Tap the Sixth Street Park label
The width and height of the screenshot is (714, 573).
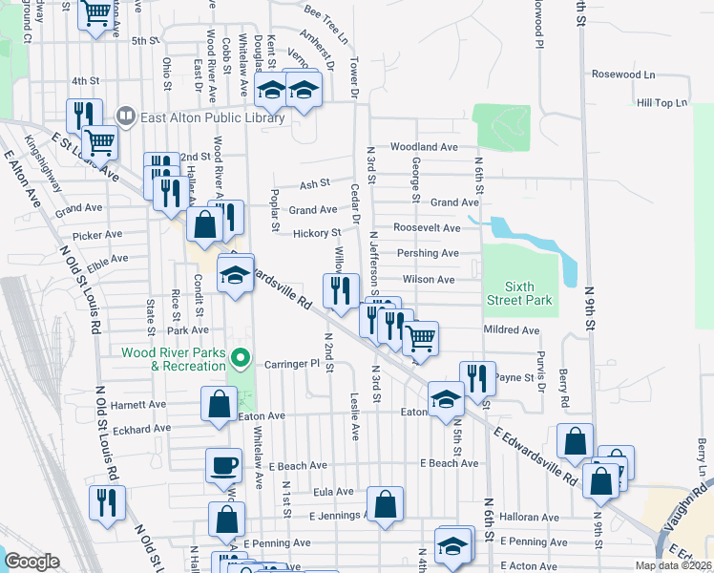[528, 293]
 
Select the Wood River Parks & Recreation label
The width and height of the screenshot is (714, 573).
[174, 359]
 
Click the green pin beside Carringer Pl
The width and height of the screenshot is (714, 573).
[241, 359]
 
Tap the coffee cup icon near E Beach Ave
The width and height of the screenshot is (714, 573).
[223, 465]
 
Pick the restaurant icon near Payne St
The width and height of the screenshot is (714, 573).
[477, 377]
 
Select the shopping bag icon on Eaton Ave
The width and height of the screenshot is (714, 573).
[220, 403]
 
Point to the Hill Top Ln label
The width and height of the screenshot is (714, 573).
[661, 102]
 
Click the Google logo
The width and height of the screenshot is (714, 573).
[31, 562]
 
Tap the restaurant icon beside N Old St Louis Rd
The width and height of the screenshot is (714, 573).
[107, 501]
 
